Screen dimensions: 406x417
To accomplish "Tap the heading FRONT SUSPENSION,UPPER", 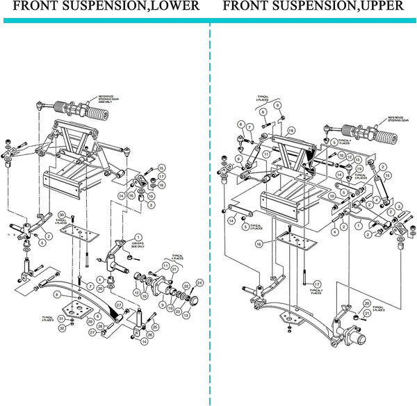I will click(313, 7).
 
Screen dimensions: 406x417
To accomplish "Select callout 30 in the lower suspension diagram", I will click(62, 214).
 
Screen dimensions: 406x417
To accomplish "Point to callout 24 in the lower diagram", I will click(200, 282).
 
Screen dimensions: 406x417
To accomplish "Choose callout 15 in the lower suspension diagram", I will click(161, 168).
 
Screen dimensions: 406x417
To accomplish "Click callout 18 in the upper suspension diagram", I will click(291, 131).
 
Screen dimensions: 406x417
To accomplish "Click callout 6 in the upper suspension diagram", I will click(241, 125).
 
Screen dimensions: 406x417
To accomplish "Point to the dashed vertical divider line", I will click(209, 209).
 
